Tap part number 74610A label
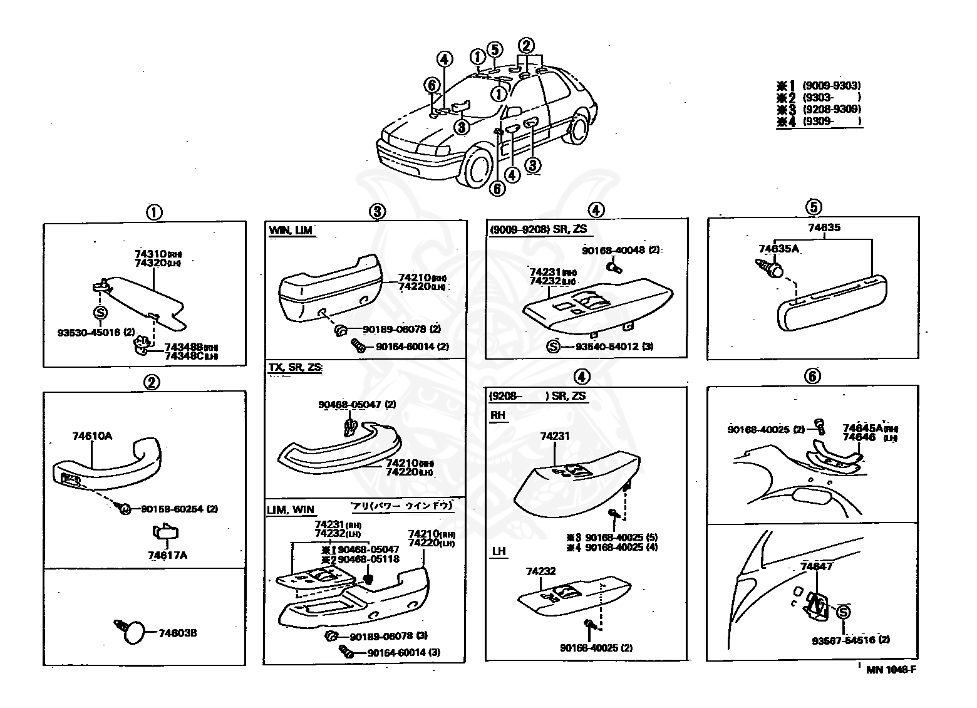tap(92, 436)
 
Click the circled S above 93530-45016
tap(100, 313)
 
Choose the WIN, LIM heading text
tap(290, 231)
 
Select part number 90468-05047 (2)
tap(357, 405)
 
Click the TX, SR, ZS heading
tap(295, 367)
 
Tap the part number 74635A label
tap(780, 248)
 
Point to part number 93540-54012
tap(607, 346)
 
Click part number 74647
tap(817, 566)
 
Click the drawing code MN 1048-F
tap(891, 669)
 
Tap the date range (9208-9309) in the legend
tap(832, 109)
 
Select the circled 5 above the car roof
tap(494, 49)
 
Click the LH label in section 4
tap(499, 551)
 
